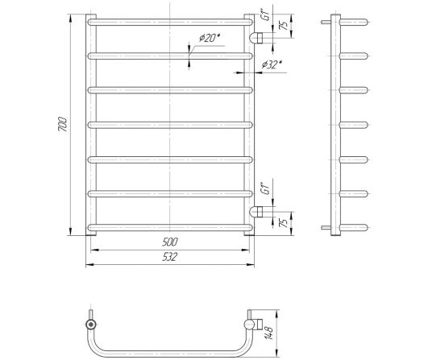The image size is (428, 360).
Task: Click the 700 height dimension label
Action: [63, 124]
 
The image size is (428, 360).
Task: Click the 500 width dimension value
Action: [170, 242]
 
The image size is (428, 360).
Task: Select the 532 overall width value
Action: [170, 257]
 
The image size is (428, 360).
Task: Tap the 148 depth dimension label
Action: [269, 332]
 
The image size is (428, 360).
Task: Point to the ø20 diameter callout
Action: [210, 38]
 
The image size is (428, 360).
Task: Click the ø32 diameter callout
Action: [272, 64]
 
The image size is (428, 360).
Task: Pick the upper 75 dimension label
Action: [285, 25]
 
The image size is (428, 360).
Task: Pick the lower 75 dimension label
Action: [285, 222]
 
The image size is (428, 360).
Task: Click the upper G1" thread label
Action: [266, 14]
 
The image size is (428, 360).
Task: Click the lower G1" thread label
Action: [266, 188]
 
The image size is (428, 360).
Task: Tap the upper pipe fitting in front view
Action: [256, 38]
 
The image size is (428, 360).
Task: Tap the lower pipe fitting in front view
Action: [256, 212]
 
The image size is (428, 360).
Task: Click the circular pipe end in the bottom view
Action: [91, 325]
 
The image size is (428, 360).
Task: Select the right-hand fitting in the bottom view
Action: [253, 324]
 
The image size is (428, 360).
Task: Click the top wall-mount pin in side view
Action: [326, 22]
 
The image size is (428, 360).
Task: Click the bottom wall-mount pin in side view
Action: [326, 227]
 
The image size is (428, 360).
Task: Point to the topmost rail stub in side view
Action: [354, 22]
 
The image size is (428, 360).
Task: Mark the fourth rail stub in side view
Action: [354, 125]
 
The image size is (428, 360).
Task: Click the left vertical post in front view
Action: [91, 125]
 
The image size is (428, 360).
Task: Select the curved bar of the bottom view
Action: [170, 354]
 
